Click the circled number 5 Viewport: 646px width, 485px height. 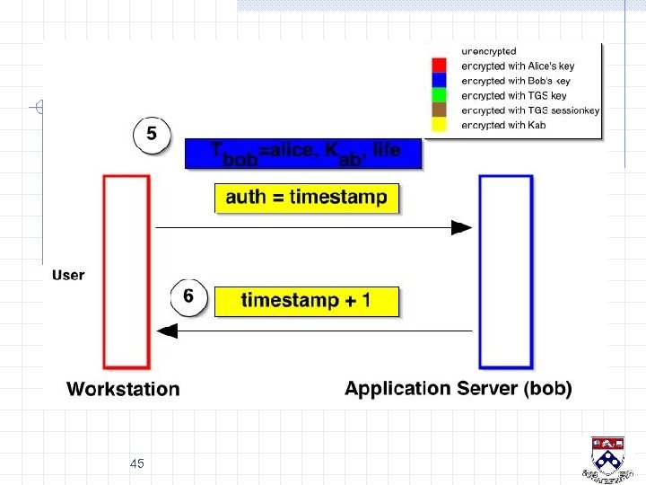[153, 135]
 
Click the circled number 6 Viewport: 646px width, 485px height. [188, 295]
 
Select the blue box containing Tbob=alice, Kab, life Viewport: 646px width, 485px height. [303, 153]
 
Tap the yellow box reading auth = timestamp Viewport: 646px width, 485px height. [306, 198]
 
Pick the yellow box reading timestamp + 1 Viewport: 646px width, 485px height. [305, 301]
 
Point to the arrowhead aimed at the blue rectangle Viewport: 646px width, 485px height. [461, 228]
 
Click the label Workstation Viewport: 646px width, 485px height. [123, 389]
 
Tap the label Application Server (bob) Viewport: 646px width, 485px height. [458, 389]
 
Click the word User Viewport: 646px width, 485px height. [68, 275]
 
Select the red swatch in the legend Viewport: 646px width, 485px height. [440, 66]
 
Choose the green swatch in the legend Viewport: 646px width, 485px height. [440, 95]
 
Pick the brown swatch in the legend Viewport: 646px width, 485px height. [440, 110]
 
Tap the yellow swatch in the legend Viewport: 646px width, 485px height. [440, 124]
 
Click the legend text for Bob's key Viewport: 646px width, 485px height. [515, 81]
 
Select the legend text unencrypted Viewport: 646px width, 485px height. [489, 51]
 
